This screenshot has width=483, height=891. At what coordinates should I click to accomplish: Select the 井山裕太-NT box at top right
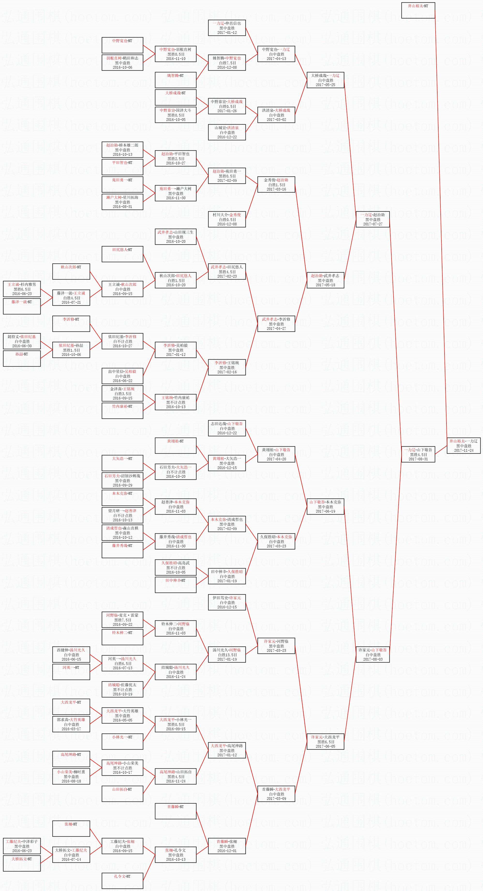tap(418, 10)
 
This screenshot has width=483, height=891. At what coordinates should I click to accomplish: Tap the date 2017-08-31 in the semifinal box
tap(418, 459)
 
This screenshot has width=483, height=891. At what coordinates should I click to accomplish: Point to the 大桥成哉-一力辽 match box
tap(325, 80)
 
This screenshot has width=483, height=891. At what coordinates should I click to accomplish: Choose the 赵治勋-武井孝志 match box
tap(325, 280)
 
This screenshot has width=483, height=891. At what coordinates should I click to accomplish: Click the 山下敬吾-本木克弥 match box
tap(325, 506)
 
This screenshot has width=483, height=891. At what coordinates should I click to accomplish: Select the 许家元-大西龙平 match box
tap(325, 742)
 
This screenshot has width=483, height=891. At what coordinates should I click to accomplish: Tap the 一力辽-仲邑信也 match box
tap(227, 28)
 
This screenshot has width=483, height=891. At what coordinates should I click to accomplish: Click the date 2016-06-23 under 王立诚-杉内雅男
tap(22, 294)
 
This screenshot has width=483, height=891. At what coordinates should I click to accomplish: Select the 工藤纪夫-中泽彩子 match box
tap(22, 846)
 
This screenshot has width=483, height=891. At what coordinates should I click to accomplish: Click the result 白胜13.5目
tap(227, 655)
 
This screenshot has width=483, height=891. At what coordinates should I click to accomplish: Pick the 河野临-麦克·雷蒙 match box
tap(122, 620)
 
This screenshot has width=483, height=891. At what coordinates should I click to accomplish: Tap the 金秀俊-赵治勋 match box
tap(276, 184)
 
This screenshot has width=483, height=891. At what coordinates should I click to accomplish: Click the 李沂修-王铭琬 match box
tap(227, 367)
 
